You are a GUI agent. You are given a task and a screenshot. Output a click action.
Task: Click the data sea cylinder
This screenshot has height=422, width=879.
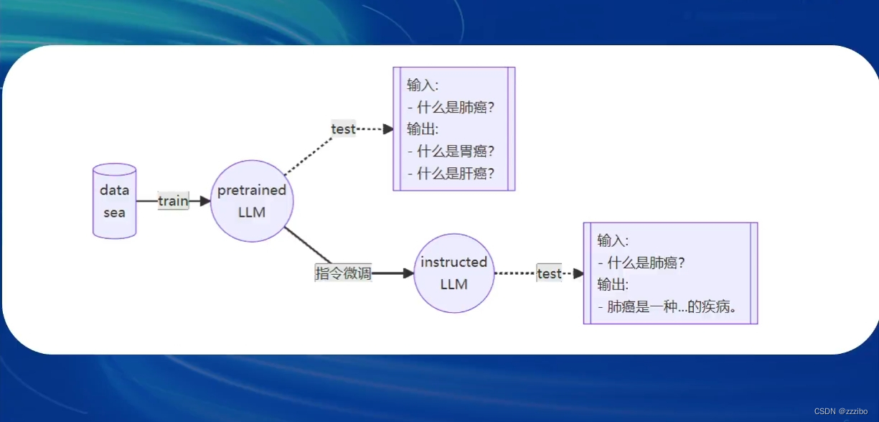(114, 201)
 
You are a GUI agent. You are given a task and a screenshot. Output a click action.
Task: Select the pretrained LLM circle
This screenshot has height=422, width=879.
(252, 201)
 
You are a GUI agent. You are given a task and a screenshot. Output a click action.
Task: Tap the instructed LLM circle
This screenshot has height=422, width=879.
(453, 273)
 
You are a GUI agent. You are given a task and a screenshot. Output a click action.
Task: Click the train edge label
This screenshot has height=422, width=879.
(173, 201)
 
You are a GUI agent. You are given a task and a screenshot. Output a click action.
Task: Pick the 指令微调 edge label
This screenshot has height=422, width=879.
(343, 273)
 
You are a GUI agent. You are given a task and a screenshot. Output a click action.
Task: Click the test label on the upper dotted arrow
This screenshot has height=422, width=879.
(343, 128)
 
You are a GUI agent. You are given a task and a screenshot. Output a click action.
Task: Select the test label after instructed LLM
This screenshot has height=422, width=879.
(549, 273)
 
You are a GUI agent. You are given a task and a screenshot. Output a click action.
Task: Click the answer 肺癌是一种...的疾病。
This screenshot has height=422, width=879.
(672, 307)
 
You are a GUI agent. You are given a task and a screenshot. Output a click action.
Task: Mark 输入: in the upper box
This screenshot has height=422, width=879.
(422, 85)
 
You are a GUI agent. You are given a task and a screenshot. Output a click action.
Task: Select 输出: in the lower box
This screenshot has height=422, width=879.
(613, 284)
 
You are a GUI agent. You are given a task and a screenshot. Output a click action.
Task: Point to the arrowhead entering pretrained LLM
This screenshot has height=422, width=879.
(205, 201)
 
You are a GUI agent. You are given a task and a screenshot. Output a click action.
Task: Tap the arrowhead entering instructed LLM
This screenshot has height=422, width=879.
(409, 273)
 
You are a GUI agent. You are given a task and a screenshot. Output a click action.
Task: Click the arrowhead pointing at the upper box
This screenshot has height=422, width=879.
(388, 129)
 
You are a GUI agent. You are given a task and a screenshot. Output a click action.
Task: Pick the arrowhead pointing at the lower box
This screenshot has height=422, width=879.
(578, 273)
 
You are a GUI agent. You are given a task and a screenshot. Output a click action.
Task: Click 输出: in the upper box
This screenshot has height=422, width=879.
(422, 129)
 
